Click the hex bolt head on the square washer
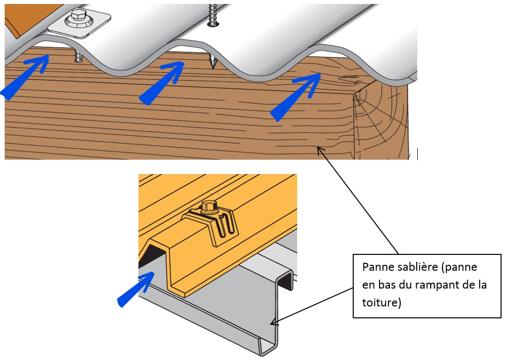[x=79, y=17]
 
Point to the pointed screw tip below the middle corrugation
[x=213, y=61]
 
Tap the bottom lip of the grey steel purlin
[x=268, y=348]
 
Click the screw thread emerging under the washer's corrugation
[x=78, y=56]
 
